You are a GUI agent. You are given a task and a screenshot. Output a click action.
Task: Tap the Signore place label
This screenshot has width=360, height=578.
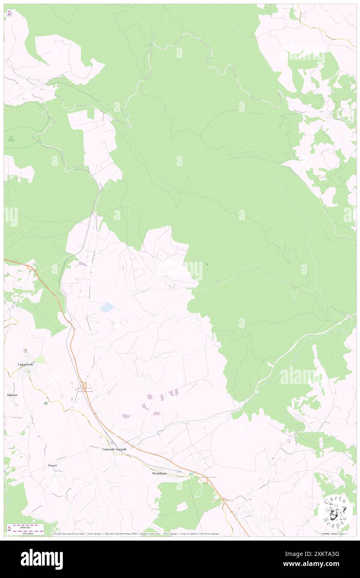12,394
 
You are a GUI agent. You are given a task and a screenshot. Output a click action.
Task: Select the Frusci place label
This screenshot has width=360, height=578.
52,465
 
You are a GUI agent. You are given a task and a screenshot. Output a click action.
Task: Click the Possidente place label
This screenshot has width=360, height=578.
160,473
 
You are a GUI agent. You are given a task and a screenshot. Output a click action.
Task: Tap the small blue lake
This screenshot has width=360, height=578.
107,308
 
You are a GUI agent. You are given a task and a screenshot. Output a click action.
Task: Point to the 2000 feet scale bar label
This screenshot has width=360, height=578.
28,526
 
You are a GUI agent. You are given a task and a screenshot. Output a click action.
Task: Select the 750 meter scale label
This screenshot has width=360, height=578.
28,533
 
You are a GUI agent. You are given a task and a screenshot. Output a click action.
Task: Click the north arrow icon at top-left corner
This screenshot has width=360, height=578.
9,13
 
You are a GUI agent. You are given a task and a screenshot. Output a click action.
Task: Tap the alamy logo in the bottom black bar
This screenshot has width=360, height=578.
42,559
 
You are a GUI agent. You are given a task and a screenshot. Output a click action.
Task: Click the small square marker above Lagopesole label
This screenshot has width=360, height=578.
25,351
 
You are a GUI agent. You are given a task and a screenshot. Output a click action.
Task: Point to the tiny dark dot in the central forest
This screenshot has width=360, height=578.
207,264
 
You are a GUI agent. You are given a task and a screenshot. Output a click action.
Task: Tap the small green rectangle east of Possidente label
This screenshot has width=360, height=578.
191,474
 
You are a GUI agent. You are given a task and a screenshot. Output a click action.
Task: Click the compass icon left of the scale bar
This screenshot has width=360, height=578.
9,529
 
